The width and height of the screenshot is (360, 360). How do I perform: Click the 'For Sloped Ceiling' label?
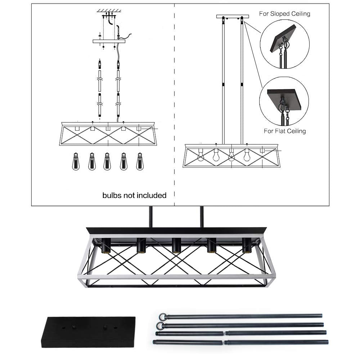pos(284,14)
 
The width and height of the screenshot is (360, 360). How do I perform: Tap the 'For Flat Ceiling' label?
pos(284,131)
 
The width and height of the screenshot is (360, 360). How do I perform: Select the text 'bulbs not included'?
pos(134,195)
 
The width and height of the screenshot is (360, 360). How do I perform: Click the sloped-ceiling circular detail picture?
pos(284,44)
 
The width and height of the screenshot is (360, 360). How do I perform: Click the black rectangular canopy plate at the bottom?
pos(88,332)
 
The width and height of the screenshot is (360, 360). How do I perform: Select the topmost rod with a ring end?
pos(241,316)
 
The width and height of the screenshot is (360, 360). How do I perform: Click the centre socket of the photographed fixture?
pos(176,246)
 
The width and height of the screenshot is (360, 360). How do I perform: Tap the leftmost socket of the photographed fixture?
pos(106,246)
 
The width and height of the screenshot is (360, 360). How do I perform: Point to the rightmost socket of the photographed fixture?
pos(247,246)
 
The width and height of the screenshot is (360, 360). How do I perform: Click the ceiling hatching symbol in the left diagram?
pos(109,11)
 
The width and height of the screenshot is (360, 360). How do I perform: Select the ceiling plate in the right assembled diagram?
pos(232,16)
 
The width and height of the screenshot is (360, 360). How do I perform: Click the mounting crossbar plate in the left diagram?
pos(109,41)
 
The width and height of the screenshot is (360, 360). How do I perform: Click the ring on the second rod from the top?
pos(159,325)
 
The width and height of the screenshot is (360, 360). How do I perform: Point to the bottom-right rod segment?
pos(276,342)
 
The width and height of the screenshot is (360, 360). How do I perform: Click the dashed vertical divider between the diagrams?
pos(175,108)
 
